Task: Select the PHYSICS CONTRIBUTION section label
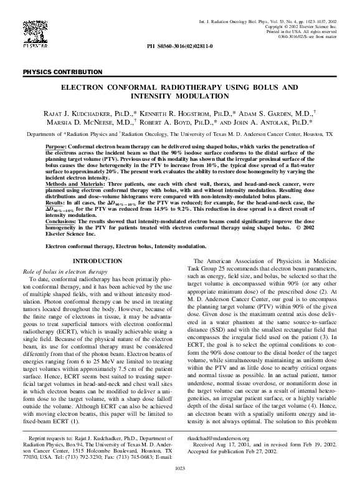pos(62,72)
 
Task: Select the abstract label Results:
pos(55,203)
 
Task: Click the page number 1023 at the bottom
pos(180,483)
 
